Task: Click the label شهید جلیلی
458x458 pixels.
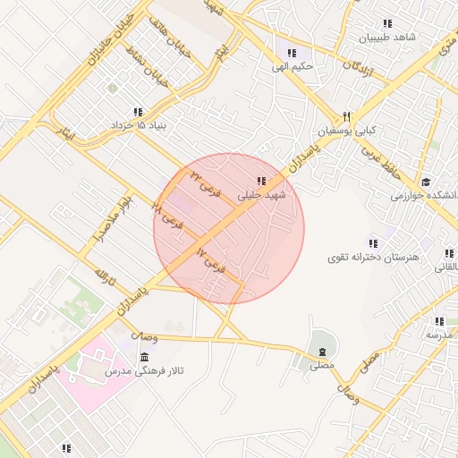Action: click(x=260, y=194)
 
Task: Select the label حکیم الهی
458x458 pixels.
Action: click(x=292, y=66)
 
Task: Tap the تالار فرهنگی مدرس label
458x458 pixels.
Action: click(x=144, y=369)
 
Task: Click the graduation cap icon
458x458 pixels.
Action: click(x=425, y=182)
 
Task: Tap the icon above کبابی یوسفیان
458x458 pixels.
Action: click(x=346, y=117)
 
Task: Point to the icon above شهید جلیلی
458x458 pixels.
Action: click(x=260, y=181)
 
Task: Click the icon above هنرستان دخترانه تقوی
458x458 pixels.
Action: click(x=373, y=243)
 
